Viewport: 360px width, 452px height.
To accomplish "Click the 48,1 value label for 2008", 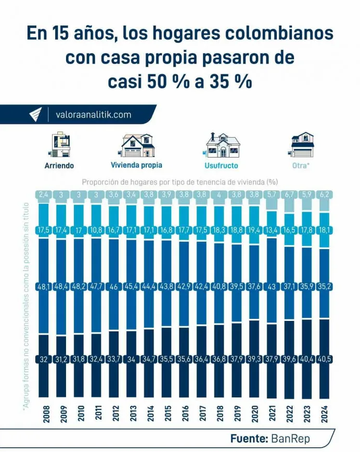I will pos(43,287).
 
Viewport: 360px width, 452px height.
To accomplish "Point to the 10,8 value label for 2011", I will pos(96,229).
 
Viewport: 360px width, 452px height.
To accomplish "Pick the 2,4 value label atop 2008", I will pos(43,195).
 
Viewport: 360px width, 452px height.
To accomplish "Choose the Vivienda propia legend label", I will pos(136,165).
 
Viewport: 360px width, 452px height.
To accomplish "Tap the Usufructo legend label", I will pos(221,166).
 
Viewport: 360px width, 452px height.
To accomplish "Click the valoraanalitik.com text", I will pos(93,114).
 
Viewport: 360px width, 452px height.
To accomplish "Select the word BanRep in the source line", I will pos(290,438).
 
